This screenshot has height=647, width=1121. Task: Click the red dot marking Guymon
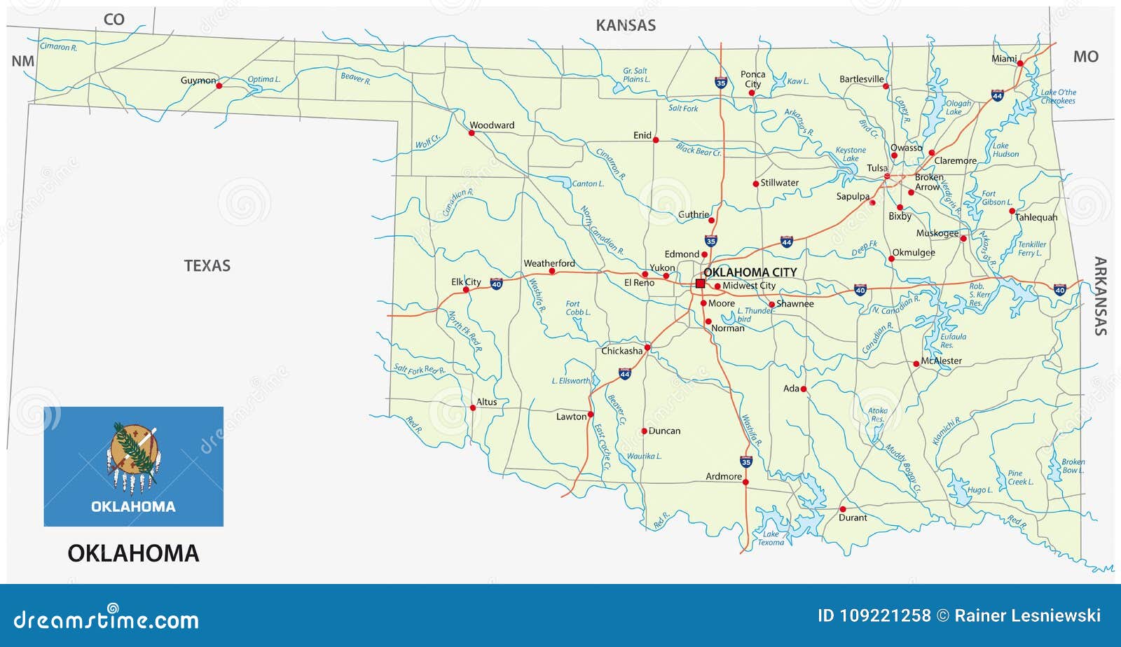coord(219,86)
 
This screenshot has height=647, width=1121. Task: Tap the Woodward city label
coord(491,125)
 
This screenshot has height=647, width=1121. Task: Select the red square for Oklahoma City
coord(700,284)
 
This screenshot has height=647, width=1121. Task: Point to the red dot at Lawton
coord(591,415)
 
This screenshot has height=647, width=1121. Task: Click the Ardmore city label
coord(723,476)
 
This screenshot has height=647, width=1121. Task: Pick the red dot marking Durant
coord(842,509)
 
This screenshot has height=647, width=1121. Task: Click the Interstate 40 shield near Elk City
coord(496,284)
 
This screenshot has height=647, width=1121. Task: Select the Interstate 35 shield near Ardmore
coord(746,462)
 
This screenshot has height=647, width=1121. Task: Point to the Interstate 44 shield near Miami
coord(997,96)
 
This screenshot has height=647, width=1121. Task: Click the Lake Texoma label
coord(771,538)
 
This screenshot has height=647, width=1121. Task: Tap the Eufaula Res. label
coord(953,340)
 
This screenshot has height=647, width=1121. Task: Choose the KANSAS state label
coord(625,26)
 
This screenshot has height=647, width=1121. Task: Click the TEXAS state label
coord(207,265)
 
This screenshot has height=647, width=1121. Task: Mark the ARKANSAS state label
coord(1100,296)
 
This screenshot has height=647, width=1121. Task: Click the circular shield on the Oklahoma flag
coord(133,449)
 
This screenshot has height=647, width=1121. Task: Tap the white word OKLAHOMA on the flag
coord(133,506)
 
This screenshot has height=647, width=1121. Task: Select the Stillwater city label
coord(779,183)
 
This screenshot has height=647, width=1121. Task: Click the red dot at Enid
coord(656,140)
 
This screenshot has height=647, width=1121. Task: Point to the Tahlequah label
coord(1036,217)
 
